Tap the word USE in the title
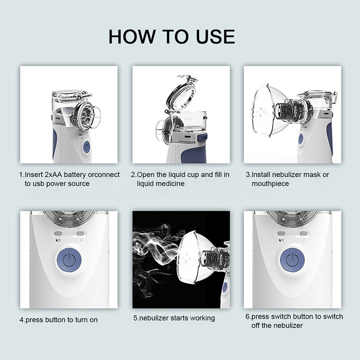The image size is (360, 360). tap(215, 37)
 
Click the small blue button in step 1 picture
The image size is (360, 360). tap(86, 147)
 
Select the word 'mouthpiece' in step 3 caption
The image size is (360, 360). tap(270, 184)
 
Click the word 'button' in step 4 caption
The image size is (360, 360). tap(59, 320)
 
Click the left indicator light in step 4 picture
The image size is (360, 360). tap(59, 234)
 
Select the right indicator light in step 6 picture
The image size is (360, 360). tap(303, 234)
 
